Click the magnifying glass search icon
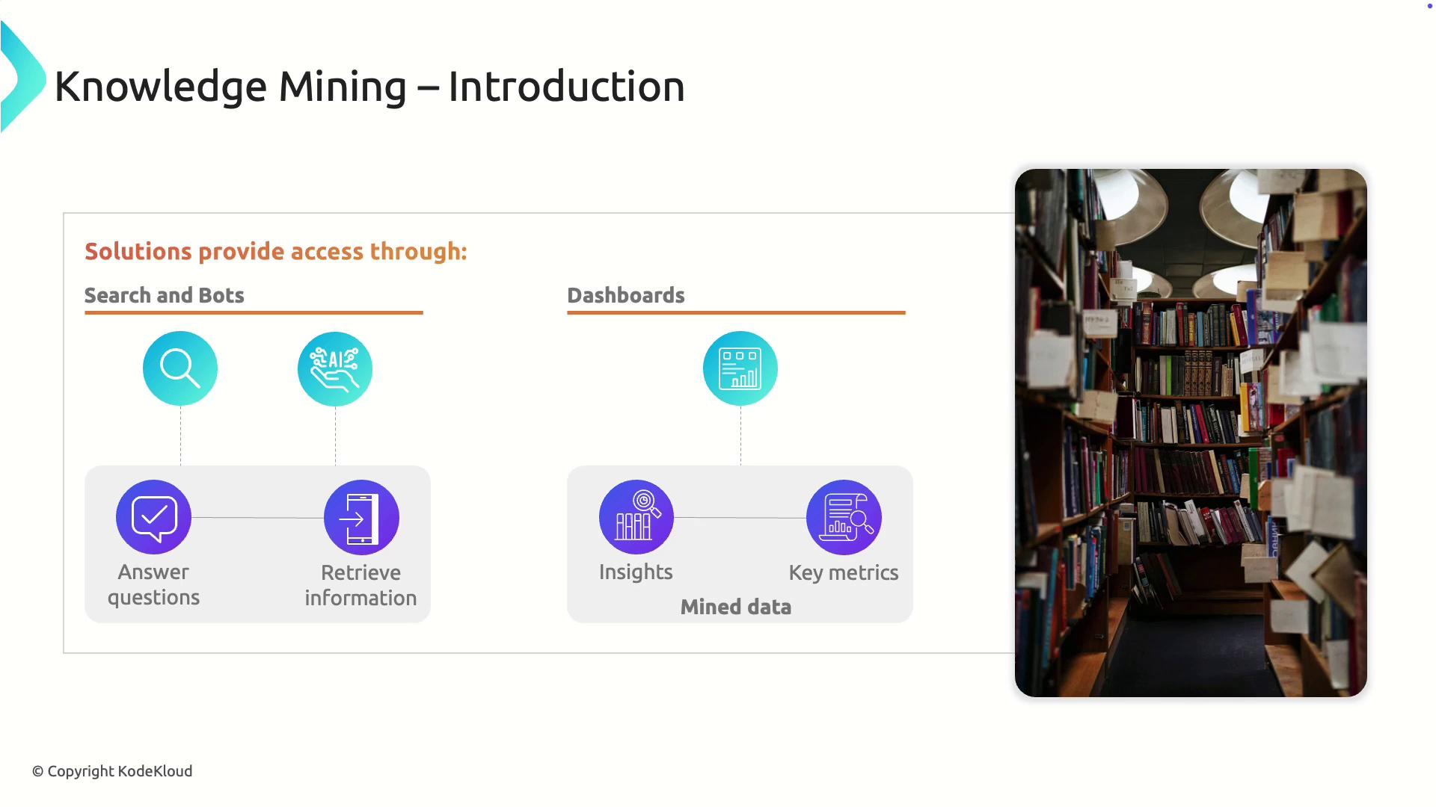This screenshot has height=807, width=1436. point(180,368)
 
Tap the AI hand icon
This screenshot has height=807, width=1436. point(335,369)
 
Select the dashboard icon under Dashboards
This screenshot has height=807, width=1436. point(740,368)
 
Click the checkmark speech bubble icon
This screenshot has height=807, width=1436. point(154,517)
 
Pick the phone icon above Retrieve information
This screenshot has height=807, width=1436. point(361,517)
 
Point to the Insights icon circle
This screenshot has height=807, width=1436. point(636,517)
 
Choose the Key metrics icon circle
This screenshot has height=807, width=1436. point(844,517)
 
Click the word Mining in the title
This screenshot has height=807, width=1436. point(343,87)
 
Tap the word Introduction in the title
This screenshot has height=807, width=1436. point(566,87)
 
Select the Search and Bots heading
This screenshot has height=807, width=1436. point(165,295)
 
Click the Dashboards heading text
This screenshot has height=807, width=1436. point(626,295)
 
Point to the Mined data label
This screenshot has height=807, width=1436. point(736,607)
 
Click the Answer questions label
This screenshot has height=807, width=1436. point(153,584)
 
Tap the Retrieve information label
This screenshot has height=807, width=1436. point(360,585)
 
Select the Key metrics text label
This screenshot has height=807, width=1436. point(844,572)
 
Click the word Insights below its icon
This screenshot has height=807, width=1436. point(636,572)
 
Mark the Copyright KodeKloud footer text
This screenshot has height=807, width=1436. point(112,771)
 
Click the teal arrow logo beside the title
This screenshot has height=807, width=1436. point(22,77)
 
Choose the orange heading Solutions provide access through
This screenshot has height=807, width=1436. point(276,252)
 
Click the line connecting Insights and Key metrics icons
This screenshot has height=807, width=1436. point(740,517)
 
